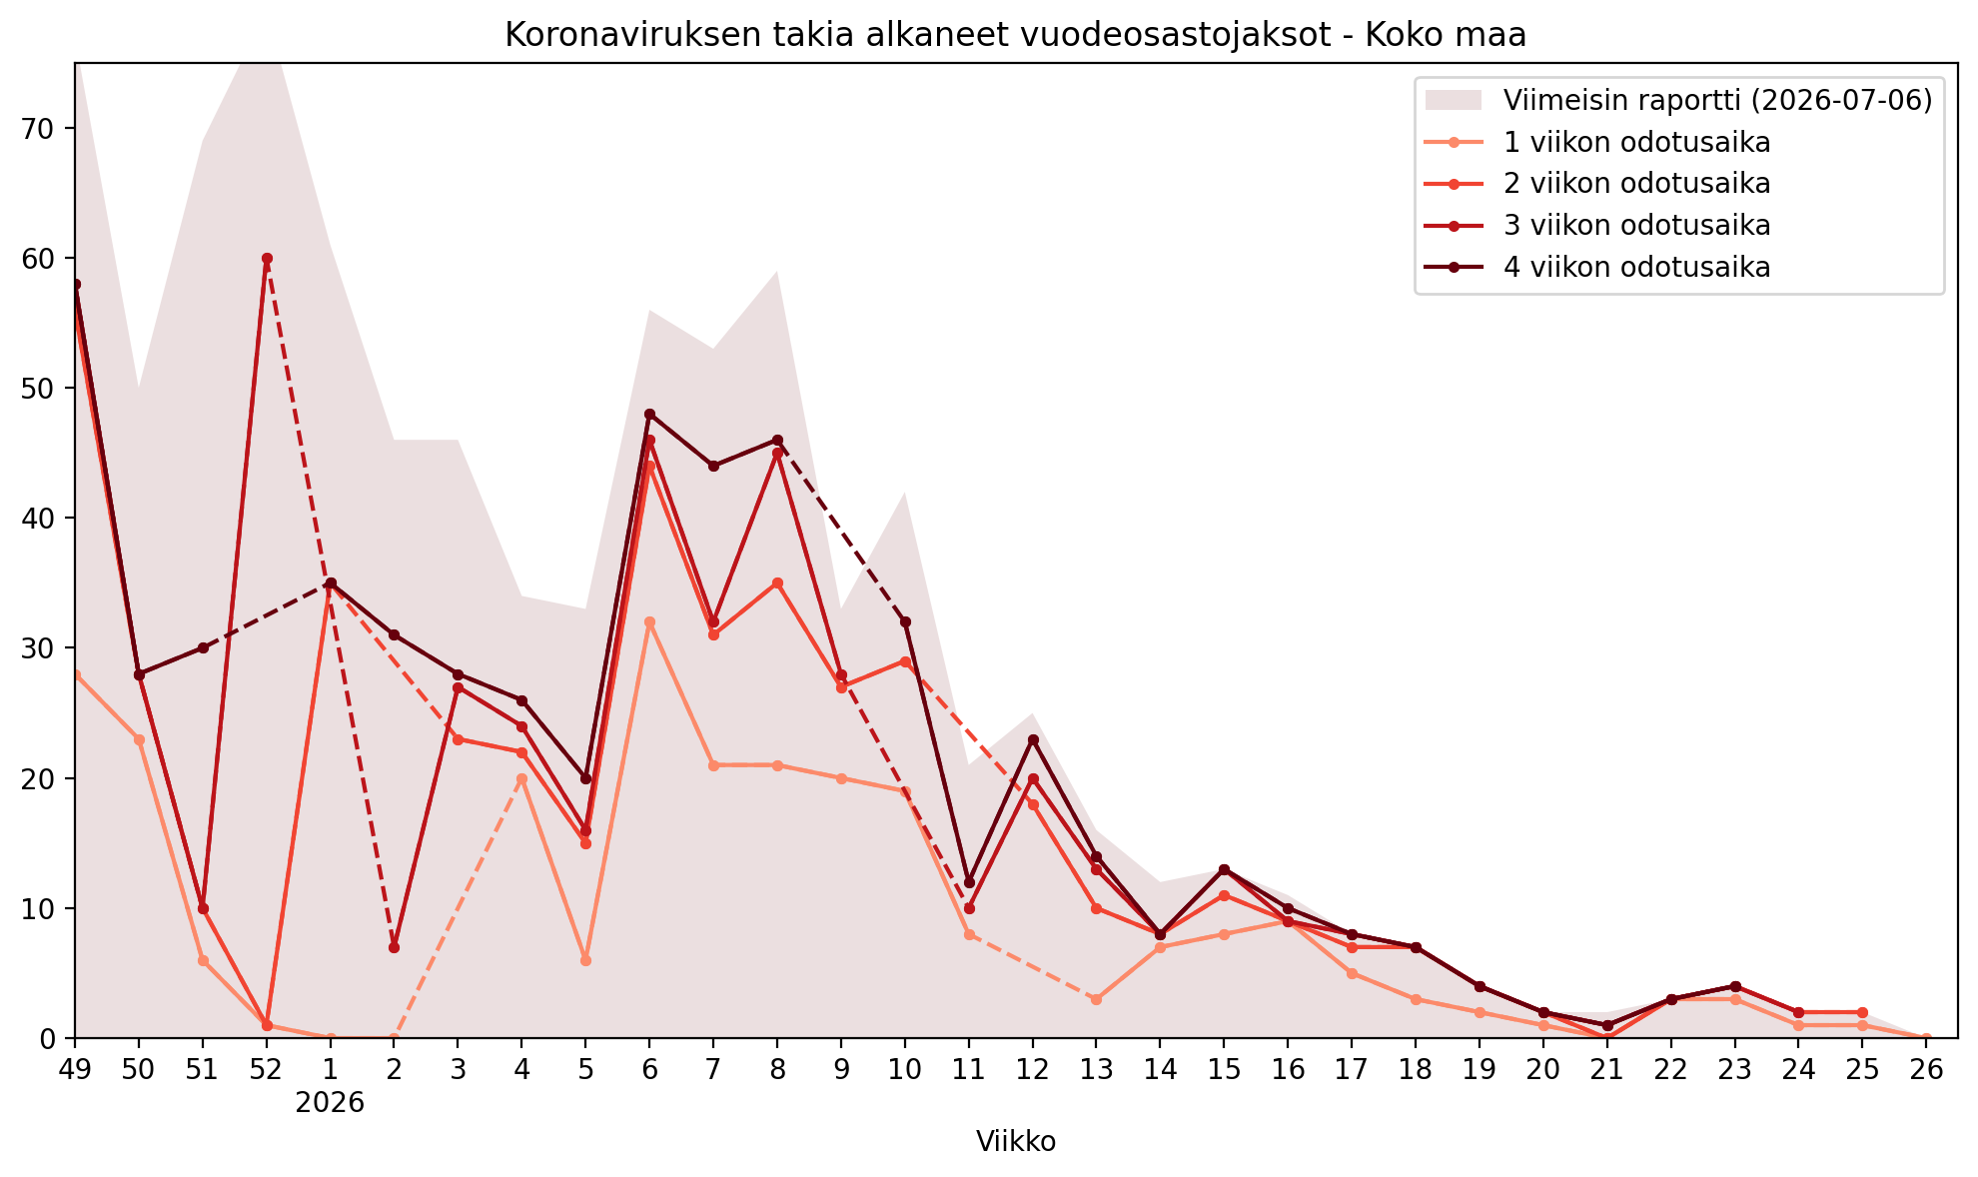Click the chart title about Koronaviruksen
[x=1015, y=35]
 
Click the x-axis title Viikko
[x=1016, y=1141]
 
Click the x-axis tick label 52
[x=267, y=1069]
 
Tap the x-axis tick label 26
[x=1926, y=1069]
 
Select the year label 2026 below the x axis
[x=330, y=1103]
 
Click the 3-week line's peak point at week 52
[x=267, y=258]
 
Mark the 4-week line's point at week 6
[x=649, y=414]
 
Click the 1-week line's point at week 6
[x=649, y=621]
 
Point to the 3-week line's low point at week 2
[x=394, y=947]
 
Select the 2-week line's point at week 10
[x=905, y=661]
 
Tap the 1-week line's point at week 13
[x=1096, y=999]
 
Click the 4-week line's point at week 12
[x=1033, y=739]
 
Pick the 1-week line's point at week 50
[x=139, y=739]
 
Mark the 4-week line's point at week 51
[x=203, y=647]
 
